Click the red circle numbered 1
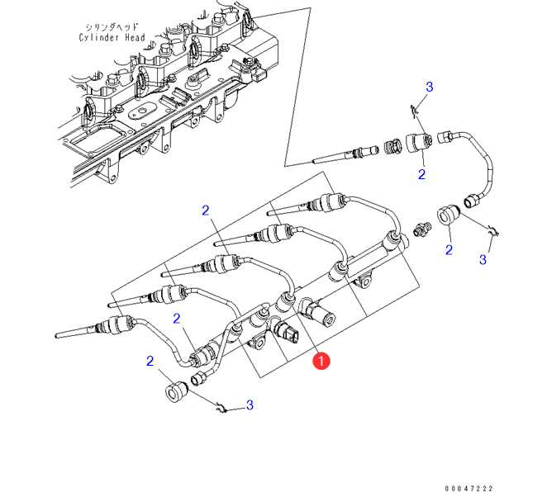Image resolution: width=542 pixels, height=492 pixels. [x=321, y=360]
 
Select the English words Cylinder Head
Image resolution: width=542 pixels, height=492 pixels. [x=112, y=38]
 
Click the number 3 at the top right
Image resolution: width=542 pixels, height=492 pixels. [x=429, y=88]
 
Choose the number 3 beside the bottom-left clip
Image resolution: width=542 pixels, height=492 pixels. [x=249, y=405]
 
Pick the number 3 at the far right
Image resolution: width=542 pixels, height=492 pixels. [x=483, y=260]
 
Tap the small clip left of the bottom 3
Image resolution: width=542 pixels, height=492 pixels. [x=217, y=404]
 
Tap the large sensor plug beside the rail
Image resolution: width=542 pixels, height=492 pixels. [x=317, y=313]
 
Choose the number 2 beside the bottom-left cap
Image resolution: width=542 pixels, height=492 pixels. [x=150, y=361]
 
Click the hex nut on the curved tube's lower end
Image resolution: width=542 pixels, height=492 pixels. [x=476, y=200]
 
